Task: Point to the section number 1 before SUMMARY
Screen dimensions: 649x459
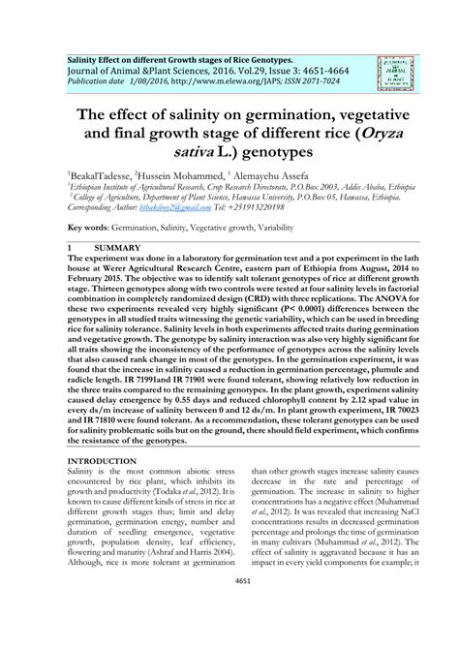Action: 66,249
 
